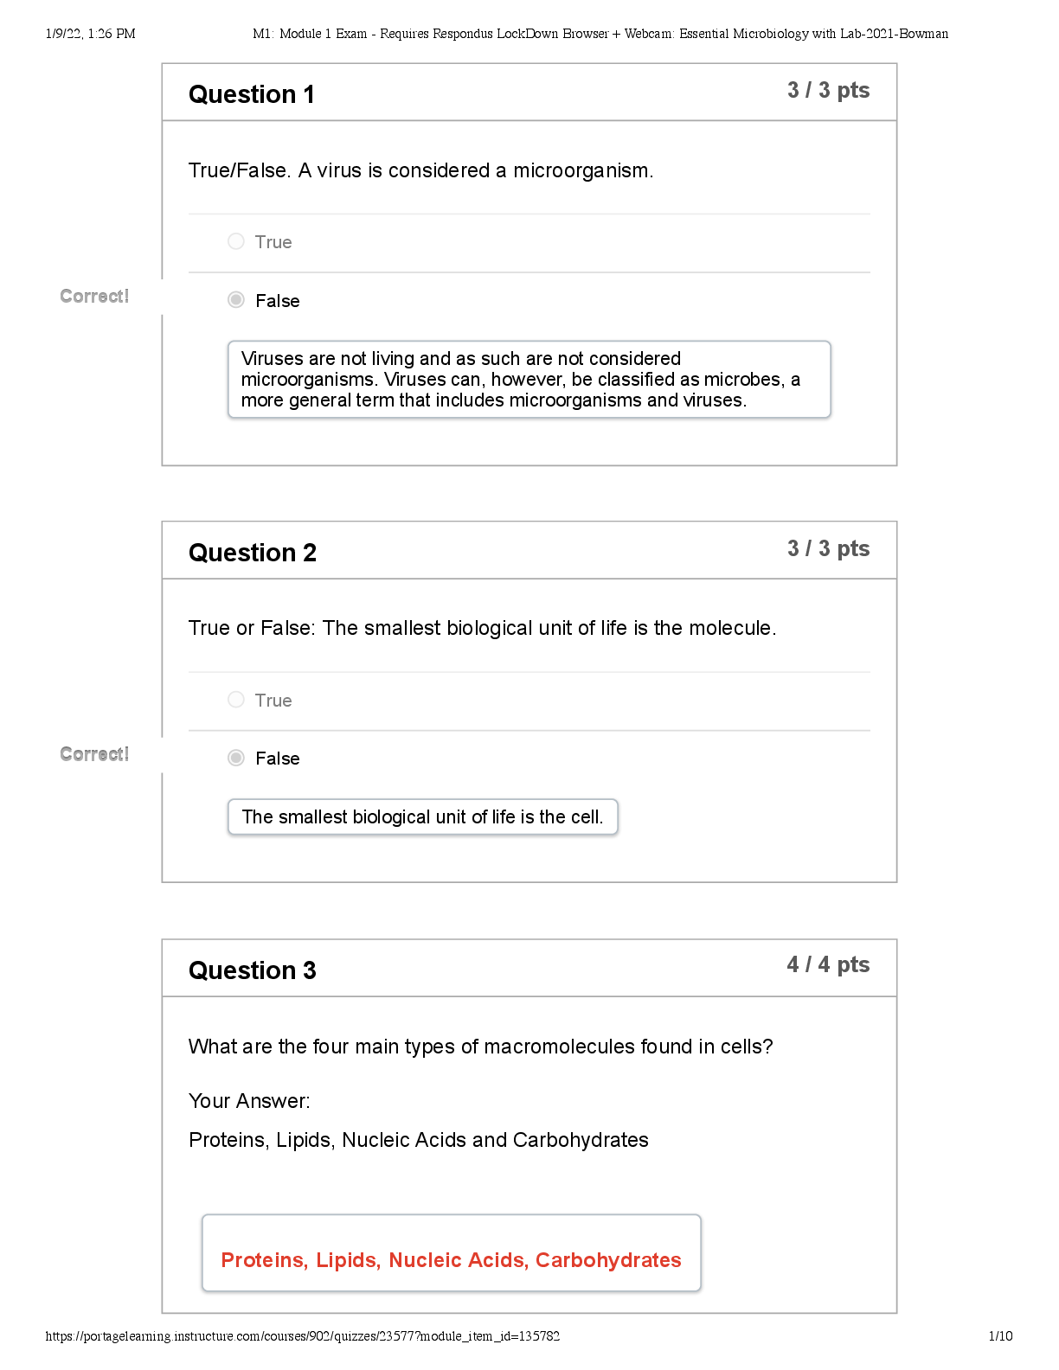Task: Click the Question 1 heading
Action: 251,94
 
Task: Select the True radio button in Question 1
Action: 236,241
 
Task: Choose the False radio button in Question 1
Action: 236,300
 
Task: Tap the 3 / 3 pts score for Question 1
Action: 828,91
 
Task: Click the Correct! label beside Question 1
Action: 94,296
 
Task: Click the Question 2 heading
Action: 253,553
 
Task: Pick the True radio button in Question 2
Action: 236,700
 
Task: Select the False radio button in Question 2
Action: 236,759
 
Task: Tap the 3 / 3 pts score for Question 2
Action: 828,549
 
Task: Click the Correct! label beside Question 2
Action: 94,754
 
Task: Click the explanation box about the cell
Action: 422,817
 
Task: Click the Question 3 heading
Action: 253,970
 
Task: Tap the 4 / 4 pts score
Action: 828,965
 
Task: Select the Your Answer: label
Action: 249,1101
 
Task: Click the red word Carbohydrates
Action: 608,1260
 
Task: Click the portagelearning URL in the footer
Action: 303,1336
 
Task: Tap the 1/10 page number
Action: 1000,1336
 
